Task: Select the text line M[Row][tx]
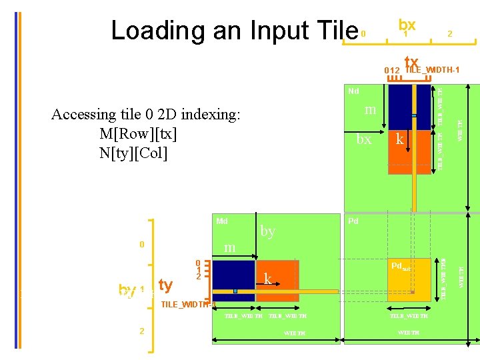click(138, 134)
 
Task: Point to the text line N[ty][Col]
click(134, 153)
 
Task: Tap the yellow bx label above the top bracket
click(407, 24)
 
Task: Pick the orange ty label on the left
click(165, 285)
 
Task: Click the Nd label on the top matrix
click(353, 91)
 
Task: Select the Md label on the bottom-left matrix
click(222, 221)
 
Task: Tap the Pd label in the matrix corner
click(353, 221)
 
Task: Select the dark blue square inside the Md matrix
click(233, 280)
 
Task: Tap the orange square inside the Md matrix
click(277, 280)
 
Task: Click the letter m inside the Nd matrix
click(371, 109)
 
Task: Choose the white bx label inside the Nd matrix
click(364, 139)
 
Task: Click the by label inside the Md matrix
click(268, 231)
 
